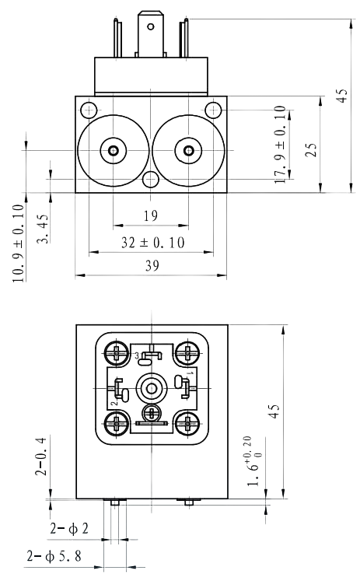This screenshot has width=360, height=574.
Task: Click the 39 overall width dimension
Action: (x=151, y=266)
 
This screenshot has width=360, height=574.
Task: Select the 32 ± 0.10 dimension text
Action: (x=152, y=243)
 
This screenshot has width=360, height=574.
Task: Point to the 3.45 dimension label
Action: (x=44, y=229)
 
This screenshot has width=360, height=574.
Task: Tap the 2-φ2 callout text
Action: (x=69, y=529)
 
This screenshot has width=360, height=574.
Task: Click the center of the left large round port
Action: (x=114, y=150)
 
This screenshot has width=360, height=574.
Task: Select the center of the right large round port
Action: (x=187, y=150)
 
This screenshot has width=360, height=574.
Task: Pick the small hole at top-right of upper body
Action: (x=212, y=109)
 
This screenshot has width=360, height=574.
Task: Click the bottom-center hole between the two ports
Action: (x=151, y=181)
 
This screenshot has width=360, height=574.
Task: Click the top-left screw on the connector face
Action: (x=117, y=353)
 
